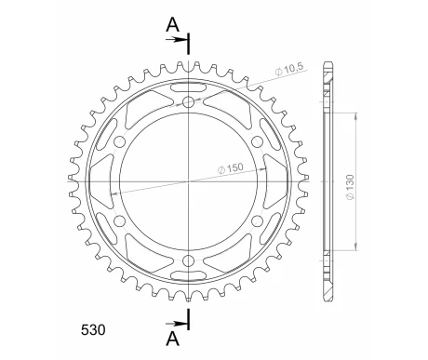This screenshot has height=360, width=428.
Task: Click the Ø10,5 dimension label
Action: point(290,70)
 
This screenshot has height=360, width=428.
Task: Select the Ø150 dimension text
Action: point(231,168)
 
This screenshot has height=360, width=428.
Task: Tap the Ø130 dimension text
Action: point(350,187)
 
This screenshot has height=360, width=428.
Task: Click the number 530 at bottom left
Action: point(93,330)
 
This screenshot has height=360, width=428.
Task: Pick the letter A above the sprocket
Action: point(172,25)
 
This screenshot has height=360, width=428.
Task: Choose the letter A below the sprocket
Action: point(172,339)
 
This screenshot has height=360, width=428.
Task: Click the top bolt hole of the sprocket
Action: point(188,101)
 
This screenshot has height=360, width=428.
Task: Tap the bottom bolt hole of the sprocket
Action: point(188,261)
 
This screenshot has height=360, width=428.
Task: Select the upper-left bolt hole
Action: point(119,141)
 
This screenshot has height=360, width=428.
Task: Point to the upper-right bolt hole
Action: point(257,141)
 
